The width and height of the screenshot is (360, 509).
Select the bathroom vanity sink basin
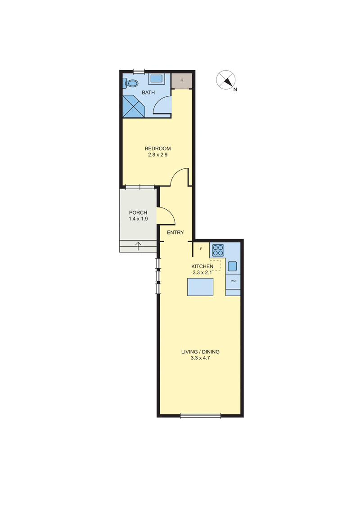pyautogui.click(x=156, y=79)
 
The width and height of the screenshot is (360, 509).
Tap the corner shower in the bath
pyautogui.click(x=134, y=105)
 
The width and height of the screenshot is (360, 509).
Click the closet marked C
pyautogui.click(x=182, y=80)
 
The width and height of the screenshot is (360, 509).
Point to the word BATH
pyautogui.click(x=148, y=93)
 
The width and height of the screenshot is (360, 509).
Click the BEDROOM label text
pyautogui.click(x=157, y=149)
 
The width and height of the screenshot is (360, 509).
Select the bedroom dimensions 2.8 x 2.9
pyautogui.click(x=157, y=155)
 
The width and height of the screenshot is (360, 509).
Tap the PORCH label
pyautogui.click(x=138, y=213)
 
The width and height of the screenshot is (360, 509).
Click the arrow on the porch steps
pyautogui.click(x=138, y=246)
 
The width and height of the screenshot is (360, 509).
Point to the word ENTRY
pyautogui.click(x=175, y=233)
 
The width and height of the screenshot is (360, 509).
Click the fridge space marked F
pyautogui.click(x=201, y=248)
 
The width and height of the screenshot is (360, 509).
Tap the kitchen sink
pyautogui.click(x=232, y=266)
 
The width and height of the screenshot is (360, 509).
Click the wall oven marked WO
pyautogui.click(x=233, y=280)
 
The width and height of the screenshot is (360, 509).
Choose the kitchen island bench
pyautogui.click(x=200, y=287)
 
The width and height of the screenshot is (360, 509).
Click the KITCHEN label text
pyautogui.click(x=202, y=266)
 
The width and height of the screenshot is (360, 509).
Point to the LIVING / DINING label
pyautogui.click(x=200, y=351)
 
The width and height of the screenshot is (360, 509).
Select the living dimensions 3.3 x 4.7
pyautogui.click(x=200, y=358)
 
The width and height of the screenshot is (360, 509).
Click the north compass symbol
pyautogui.click(x=225, y=80)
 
